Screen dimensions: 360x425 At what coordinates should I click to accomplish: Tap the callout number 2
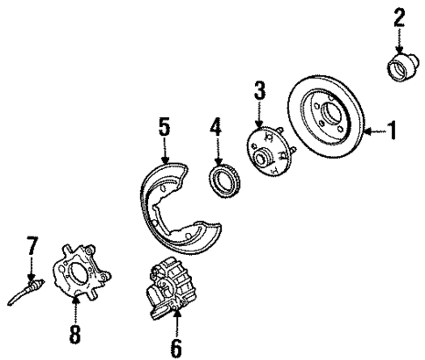pos(399,17)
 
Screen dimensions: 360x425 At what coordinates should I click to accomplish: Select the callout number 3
pos(259,91)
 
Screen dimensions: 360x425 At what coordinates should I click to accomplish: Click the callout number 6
pos(175,347)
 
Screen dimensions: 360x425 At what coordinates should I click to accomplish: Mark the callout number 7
pos(32,245)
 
